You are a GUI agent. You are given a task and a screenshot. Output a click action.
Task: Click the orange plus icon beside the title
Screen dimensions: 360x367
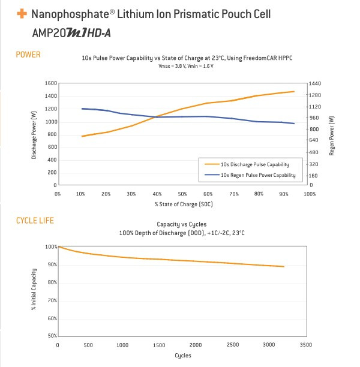(22, 13)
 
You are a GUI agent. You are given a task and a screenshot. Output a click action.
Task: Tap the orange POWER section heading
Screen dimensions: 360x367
(28, 55)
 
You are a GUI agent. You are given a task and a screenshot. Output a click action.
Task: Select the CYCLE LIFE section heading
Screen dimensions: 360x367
(35, 221)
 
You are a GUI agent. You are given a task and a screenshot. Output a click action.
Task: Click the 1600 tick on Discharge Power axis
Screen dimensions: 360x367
(51, 83)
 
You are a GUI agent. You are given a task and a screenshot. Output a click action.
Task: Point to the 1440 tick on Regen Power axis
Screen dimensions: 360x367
(315, 83)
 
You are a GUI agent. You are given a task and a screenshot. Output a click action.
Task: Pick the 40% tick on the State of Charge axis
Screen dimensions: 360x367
(157, 194)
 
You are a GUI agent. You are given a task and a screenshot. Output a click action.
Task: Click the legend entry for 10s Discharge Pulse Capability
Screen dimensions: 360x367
(247, 164)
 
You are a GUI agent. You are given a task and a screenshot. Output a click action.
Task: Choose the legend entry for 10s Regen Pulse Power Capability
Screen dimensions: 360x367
(250, 175)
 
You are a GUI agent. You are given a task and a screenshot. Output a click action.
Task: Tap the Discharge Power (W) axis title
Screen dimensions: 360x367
(34, 135)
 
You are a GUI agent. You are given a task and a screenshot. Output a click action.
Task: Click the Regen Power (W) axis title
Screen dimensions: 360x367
(332, 136)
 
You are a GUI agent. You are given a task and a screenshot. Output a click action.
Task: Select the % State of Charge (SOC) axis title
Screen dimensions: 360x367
(184, 204)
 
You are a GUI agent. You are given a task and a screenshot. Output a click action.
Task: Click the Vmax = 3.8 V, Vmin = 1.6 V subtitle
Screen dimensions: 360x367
(186, 66)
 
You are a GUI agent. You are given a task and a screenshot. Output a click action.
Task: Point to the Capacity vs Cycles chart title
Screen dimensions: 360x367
(182, 224)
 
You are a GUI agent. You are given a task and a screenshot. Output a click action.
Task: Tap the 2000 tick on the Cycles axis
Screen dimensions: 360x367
(196, 345)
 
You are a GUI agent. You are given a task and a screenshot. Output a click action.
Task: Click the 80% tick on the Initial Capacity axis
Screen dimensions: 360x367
(52, 282)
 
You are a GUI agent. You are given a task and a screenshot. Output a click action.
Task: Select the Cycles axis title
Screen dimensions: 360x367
(183, 356)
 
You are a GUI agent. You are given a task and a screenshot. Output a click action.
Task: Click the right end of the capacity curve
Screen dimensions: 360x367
(284, 267)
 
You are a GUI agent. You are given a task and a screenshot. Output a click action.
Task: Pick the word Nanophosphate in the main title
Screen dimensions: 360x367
(71, 14)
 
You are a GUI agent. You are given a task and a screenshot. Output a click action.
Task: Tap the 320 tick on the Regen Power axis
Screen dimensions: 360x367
(314, 164)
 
